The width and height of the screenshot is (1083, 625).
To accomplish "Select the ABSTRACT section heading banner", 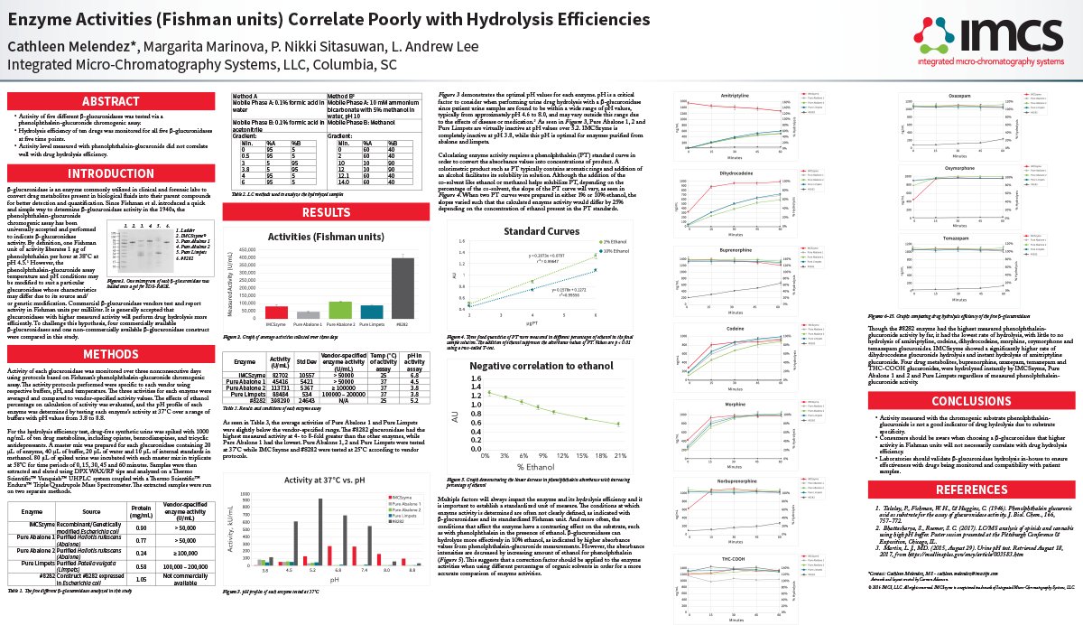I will (111, 101).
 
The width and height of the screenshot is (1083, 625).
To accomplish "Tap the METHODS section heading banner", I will (111, 354).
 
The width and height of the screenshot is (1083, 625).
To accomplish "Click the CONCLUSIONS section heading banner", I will (971, 401).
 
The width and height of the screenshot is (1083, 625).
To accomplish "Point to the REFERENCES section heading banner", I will (971, 490).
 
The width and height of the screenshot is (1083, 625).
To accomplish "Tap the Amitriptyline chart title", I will (738, 94).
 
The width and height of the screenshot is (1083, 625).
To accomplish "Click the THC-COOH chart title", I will (738, 535).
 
